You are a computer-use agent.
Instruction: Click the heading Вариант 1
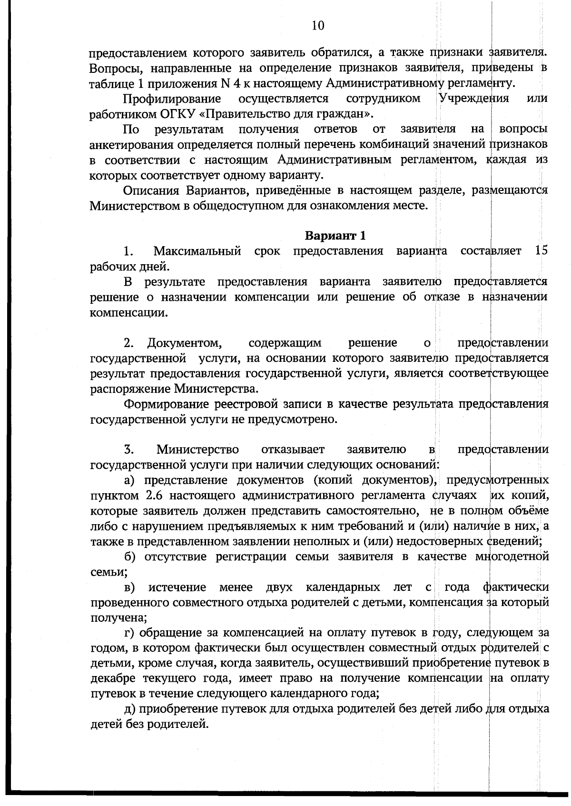tap(335, 236)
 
